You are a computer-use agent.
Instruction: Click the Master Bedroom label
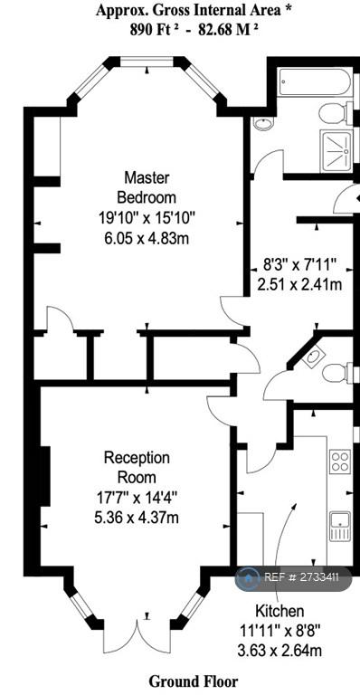pos(147,187)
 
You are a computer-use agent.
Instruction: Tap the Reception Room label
pos(137,467)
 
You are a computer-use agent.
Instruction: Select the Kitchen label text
pos(279,611)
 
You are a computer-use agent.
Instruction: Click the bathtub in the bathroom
pos(316,82)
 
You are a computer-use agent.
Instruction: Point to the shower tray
pos(336,151)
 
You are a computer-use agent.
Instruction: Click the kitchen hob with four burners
pos(340,461)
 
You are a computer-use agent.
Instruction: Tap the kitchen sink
pos(340,526)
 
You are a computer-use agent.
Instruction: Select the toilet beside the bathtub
pos(336,113)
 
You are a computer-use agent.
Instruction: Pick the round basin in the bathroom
pos(263,123)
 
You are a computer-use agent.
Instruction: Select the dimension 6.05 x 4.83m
pos(147,239)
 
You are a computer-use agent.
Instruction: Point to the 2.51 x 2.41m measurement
pos(299,284)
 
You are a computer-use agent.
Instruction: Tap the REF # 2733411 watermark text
pos(301,577)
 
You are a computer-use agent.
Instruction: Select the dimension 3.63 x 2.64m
pos(279,651)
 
